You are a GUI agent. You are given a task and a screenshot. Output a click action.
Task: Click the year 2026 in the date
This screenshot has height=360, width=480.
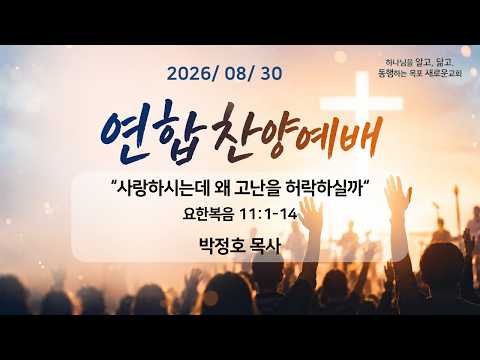pyautogui.click(x=189, y=74)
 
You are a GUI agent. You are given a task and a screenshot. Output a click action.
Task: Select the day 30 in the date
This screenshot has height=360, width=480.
pyautogui.click(x=271, y=74)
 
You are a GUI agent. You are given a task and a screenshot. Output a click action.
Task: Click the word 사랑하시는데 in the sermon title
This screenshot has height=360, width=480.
pyautogui.click(x=163, y=190)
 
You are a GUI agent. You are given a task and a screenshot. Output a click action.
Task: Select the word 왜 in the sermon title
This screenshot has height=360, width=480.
pyautogui.click(x=222, y=190)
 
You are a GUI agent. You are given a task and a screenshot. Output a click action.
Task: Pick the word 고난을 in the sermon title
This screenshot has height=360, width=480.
pyautogui.click(x=258, y=190)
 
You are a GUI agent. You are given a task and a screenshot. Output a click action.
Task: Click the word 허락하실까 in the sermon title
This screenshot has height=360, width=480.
pyautogui.click(x=324, y=190)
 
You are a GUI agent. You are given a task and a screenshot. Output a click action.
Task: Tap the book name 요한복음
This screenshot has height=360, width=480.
pyautogui.click(x=208, y=214)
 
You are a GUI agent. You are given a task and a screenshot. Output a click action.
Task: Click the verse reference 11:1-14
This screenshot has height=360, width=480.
pyautogui.click(x=268, y=214)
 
